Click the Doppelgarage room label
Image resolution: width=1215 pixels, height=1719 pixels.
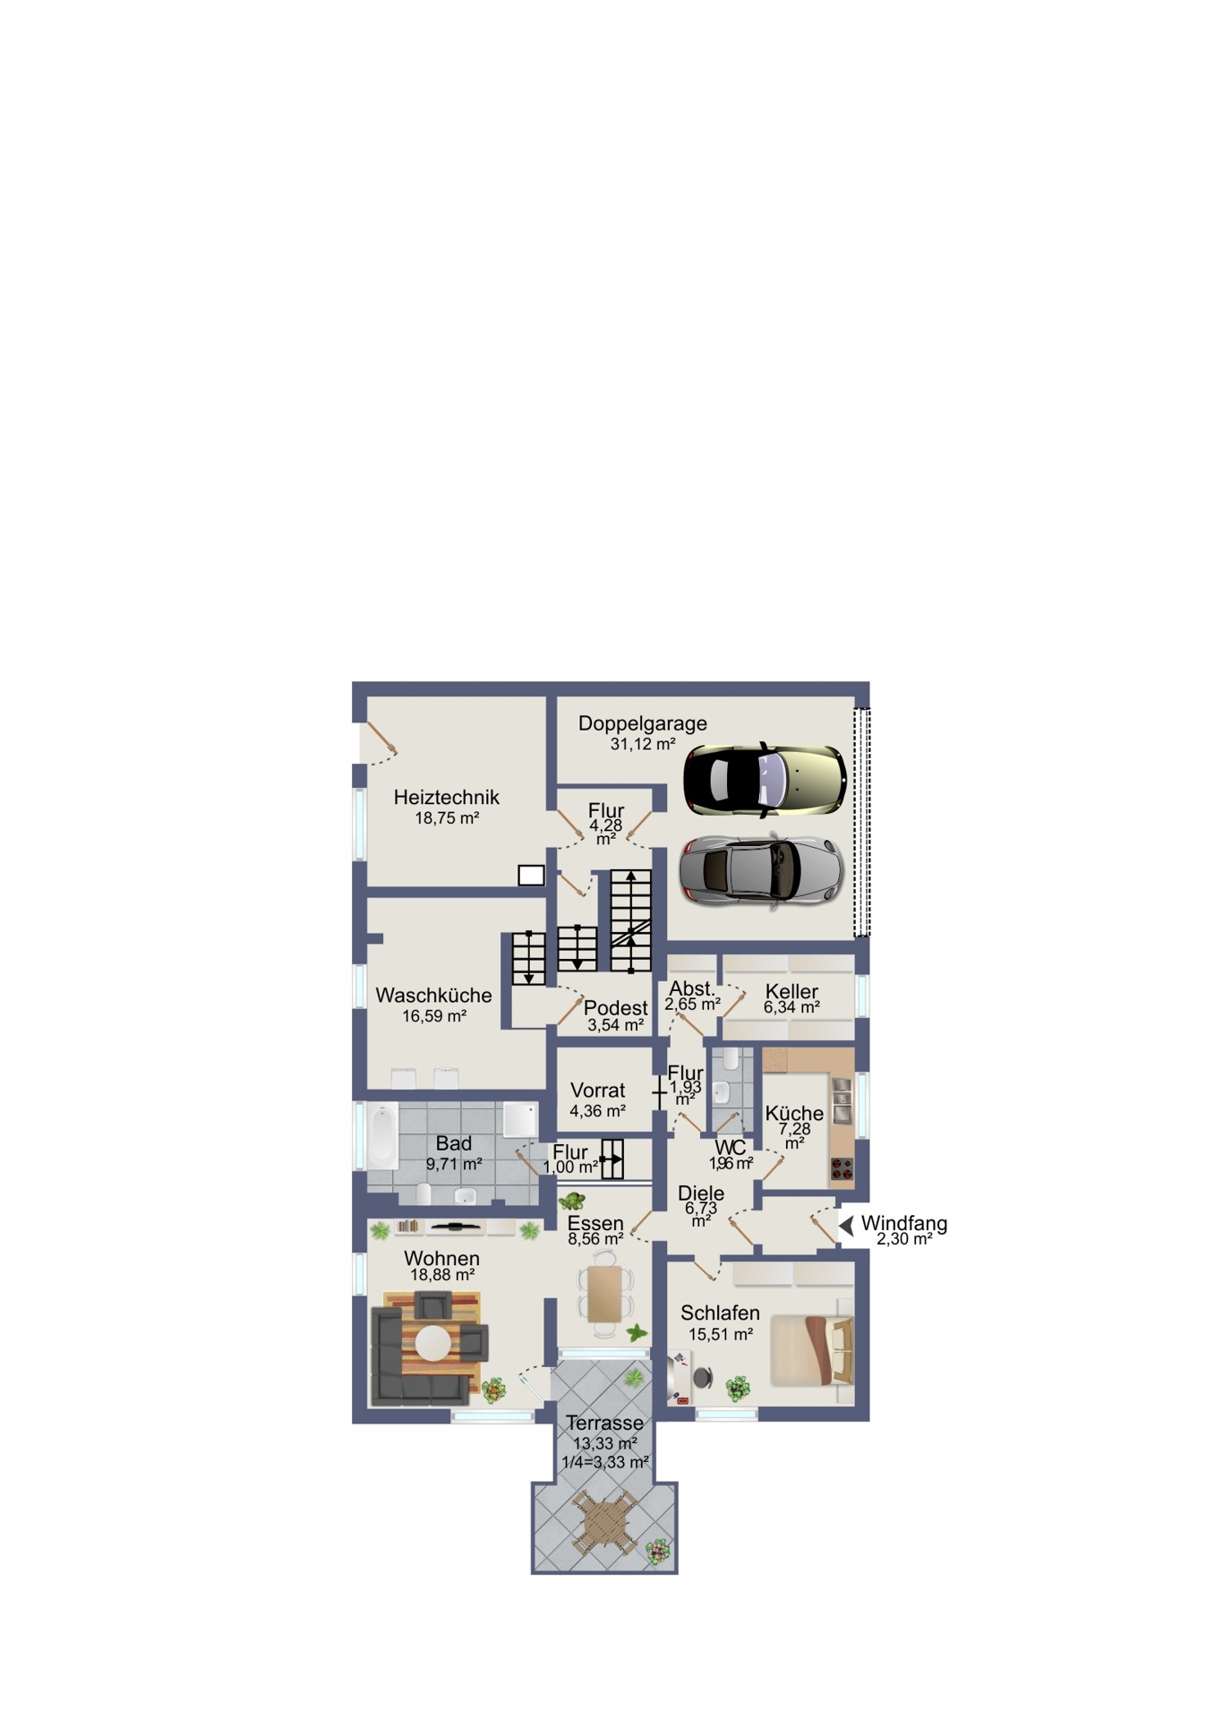(x=642, y=723)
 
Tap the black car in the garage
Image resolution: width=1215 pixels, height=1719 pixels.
(x=765, y=779)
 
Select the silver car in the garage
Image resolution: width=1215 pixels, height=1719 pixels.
(x=761, y=872)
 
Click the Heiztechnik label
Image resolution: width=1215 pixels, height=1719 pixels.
(x=446, y=797)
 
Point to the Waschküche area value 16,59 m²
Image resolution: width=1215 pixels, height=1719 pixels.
(x=434, y=1016)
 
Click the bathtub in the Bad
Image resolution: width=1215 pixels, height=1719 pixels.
(x=382, y=1136)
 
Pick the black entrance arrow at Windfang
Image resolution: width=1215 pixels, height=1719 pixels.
(x=846, y=1225)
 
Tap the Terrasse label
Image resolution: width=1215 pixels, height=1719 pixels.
(x=604, y=1423)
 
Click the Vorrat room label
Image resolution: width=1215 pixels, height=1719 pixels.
(x=598, y=1090)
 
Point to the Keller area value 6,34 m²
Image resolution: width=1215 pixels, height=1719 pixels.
(x=791, y=1007)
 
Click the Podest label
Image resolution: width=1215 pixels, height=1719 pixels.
(x=615, y=1008)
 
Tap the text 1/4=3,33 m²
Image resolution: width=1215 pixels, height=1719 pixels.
(x=605, y=1462)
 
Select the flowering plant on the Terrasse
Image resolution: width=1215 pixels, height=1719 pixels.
(x=659, y=1552)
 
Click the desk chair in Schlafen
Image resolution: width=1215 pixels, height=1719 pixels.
(x=704, y=1377)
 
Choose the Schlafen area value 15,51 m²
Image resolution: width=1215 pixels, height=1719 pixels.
(x=721, y=1334)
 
